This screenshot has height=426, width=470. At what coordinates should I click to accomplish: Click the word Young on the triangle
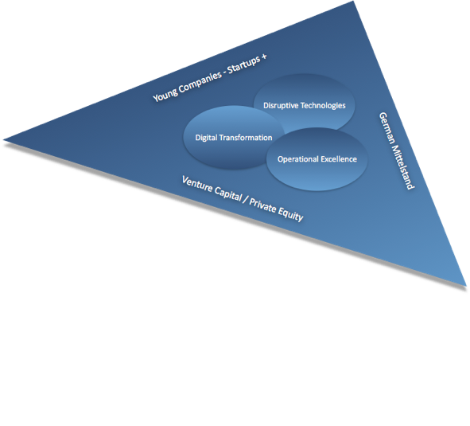[165, 94]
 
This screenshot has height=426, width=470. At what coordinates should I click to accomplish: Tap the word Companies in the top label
[200, 80]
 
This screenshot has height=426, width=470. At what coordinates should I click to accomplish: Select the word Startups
[243, 64]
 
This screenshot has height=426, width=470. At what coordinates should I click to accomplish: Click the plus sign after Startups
[264, 57]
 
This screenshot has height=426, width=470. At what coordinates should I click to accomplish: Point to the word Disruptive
[281, 105]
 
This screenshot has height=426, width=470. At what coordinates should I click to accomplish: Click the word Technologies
[323, 105]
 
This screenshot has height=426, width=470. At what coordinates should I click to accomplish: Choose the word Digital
[206, 138]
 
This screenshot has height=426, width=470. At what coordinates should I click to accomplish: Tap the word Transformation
[246, 138]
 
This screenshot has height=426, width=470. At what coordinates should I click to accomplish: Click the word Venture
[197, 185]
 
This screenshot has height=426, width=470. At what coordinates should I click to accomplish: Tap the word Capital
[228, 194]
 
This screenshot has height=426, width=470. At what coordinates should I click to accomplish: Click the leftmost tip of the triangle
[3, 140]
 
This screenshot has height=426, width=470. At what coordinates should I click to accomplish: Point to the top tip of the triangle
[354, 2]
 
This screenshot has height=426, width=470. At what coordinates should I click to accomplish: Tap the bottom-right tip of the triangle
[466, 285]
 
